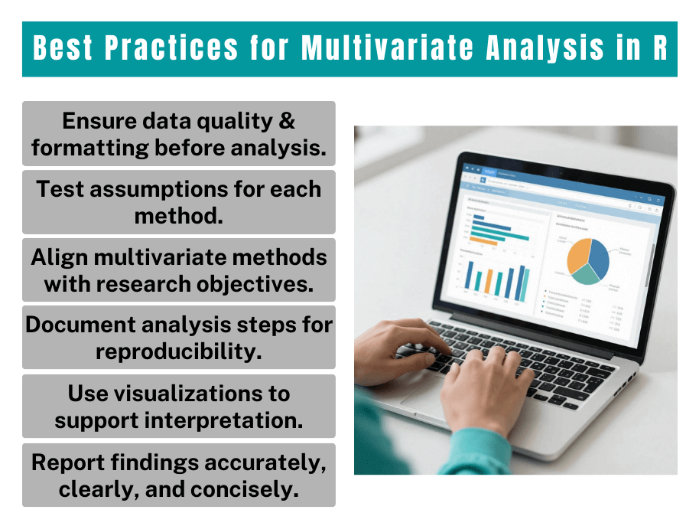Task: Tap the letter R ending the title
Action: pyautogui.click(x=658, y=48)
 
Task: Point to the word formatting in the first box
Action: pyautogui.click(x=90, y=147)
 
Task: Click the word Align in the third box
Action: pyautogui.click(x=57, y=257)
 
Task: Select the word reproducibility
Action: pyautogui.click(x=179, y=351)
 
